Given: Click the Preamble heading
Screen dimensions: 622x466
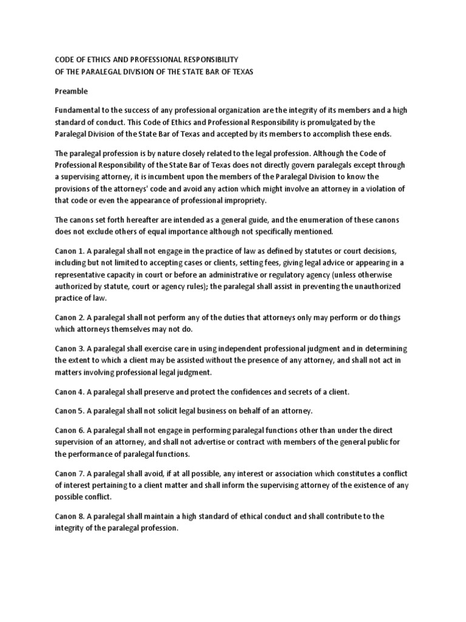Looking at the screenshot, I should (72, 92).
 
